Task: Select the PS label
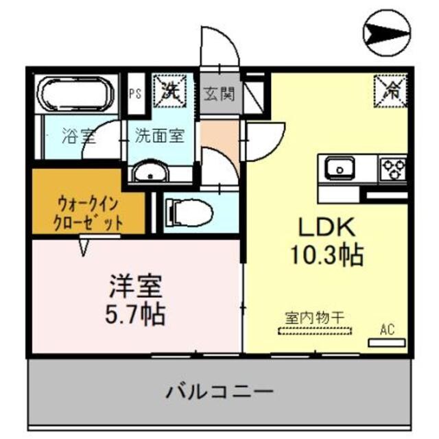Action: click(135, 94)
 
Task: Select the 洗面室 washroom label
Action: click(158, 135)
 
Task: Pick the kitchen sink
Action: click(339, 167)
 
